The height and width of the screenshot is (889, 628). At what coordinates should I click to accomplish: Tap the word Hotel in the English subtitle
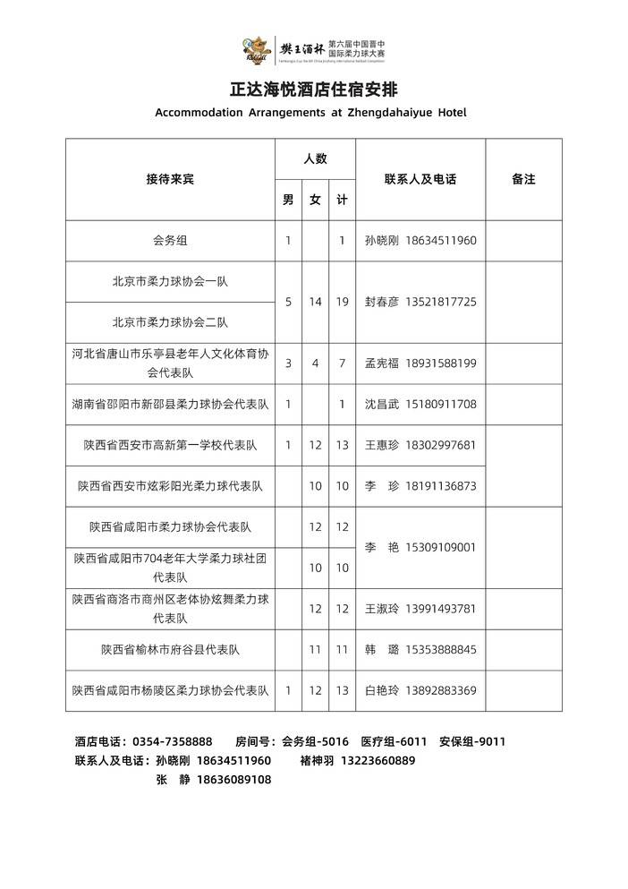tap(450, 113)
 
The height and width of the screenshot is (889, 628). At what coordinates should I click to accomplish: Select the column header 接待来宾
tap(170, 179)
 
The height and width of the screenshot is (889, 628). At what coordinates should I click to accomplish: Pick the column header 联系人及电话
tap(420, 179)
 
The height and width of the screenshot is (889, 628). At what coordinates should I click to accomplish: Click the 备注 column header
tap(523, 179)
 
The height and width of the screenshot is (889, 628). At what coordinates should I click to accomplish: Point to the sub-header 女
tap(315, 201)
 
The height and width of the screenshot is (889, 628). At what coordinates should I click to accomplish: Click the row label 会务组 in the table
tap(170, 241)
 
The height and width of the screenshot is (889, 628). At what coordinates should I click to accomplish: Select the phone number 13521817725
tap(441, 302)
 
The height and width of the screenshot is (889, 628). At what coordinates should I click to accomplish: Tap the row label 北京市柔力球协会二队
tap(170, 322)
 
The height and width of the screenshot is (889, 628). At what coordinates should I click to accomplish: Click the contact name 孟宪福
tap(382, 363)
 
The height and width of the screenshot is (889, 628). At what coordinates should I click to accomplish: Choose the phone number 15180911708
tap(441, 404)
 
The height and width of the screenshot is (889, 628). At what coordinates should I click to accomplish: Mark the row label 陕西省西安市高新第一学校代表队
tap(170, 445)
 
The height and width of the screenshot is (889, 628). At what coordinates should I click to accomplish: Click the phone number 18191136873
tap(441, 486)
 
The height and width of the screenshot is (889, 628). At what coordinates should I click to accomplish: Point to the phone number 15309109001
tap(441, 547)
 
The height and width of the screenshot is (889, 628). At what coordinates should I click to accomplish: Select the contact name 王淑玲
tap(382, 609)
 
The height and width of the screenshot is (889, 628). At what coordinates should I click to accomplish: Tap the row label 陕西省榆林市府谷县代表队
tap(170, 649)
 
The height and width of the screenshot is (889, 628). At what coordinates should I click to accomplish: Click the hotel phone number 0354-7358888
tap(172, 741)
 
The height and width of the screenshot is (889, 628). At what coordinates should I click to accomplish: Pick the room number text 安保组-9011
tap(472, 741)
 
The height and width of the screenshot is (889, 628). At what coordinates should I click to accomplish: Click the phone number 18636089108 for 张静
tap(233, 780)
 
